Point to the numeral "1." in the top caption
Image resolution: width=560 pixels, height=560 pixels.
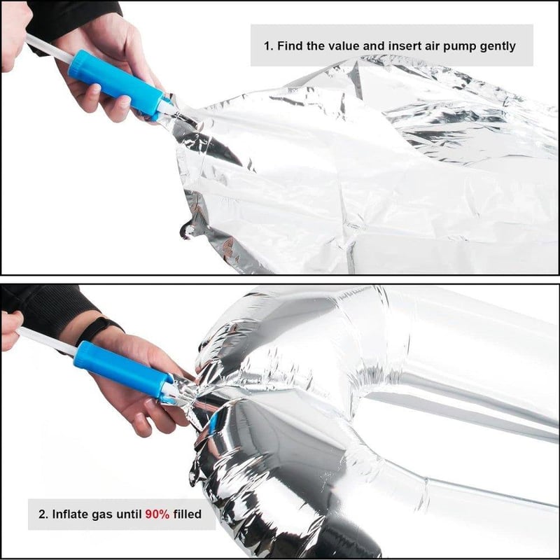tap(269, 46)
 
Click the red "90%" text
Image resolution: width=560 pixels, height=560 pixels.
tap(157, 514)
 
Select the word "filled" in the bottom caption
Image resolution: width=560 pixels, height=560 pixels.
tap(187, 514)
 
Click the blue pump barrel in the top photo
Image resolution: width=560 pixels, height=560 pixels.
tap(116, 84)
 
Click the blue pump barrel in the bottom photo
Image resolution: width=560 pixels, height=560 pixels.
tap(124, 369)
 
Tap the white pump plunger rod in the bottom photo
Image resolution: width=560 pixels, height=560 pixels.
tap(47, 341)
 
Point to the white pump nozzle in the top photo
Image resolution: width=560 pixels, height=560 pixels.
tap(168, 106)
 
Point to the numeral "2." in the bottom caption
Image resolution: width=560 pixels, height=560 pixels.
tap(43, 514)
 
